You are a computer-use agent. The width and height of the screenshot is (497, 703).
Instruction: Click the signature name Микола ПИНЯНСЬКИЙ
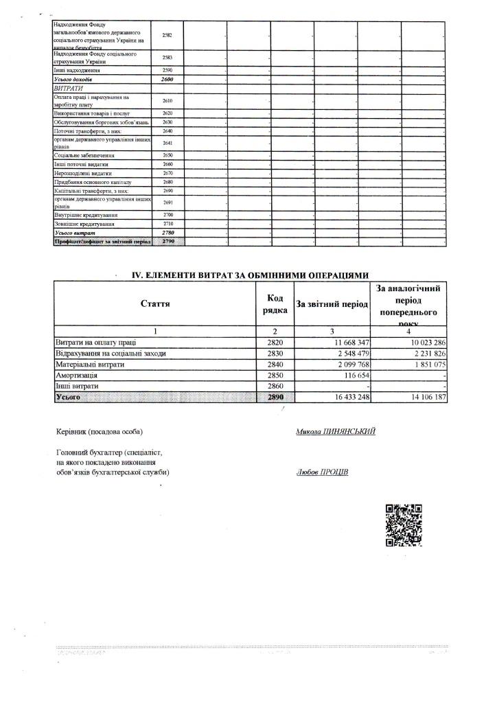[336, 432]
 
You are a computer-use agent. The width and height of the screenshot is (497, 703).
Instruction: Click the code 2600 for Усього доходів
[167, 80]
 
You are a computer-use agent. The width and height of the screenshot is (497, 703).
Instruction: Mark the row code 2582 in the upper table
[167, 35]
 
